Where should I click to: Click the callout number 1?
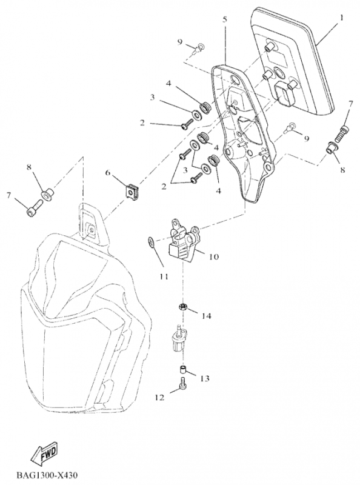tap(341, 18)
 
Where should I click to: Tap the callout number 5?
tap(225, 19)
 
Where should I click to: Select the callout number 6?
tap(108, 172)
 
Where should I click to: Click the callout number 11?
tap(164, 276)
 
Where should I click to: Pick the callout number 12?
tap(159, 398)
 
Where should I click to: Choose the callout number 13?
tap(205, 378)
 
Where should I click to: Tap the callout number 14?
tap(206, 316)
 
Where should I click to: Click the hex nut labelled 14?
tap(183, 307)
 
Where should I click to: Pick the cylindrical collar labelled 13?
tap(183, 370)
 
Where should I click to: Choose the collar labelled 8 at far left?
tap(48, 195)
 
